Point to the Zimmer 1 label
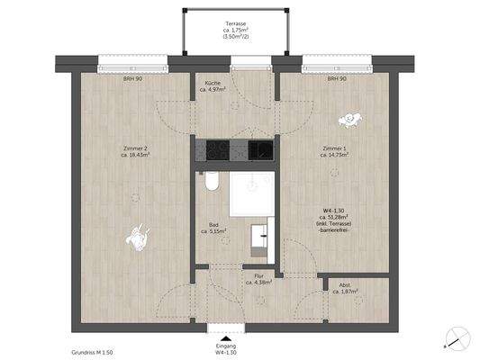(x=334, y=149)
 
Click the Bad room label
(x=213, y=227)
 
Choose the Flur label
(x=258, y=279)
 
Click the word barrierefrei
(x=335, y=231)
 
